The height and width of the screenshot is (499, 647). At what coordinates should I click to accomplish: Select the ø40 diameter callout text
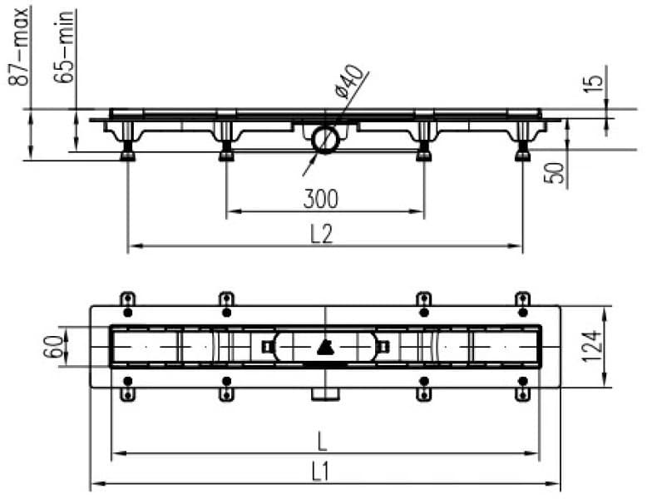pyautogui.click(x=350, y=84)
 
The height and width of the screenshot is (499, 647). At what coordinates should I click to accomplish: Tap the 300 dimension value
pyautogui.click(x=320, y=199)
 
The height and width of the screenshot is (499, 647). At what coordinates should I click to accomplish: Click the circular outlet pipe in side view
pyautogui.click(x=325, y=139)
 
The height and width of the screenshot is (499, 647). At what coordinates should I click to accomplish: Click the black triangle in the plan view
pyautogui.click(x=325, y=346)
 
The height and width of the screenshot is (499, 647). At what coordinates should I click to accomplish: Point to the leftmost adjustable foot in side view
pyautogui.click(x=128, y=152)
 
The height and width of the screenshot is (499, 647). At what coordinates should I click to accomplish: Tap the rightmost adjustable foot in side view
pyautogui.click(x=522, y=152)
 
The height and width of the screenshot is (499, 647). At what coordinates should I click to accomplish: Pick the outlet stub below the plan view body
pyautogui.click(x=325, y=392)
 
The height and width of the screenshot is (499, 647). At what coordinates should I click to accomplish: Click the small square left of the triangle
pyautogui.click(x=266, y=346)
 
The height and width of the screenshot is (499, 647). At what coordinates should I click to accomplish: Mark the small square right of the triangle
pyautogui.click(x=383, y=346)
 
